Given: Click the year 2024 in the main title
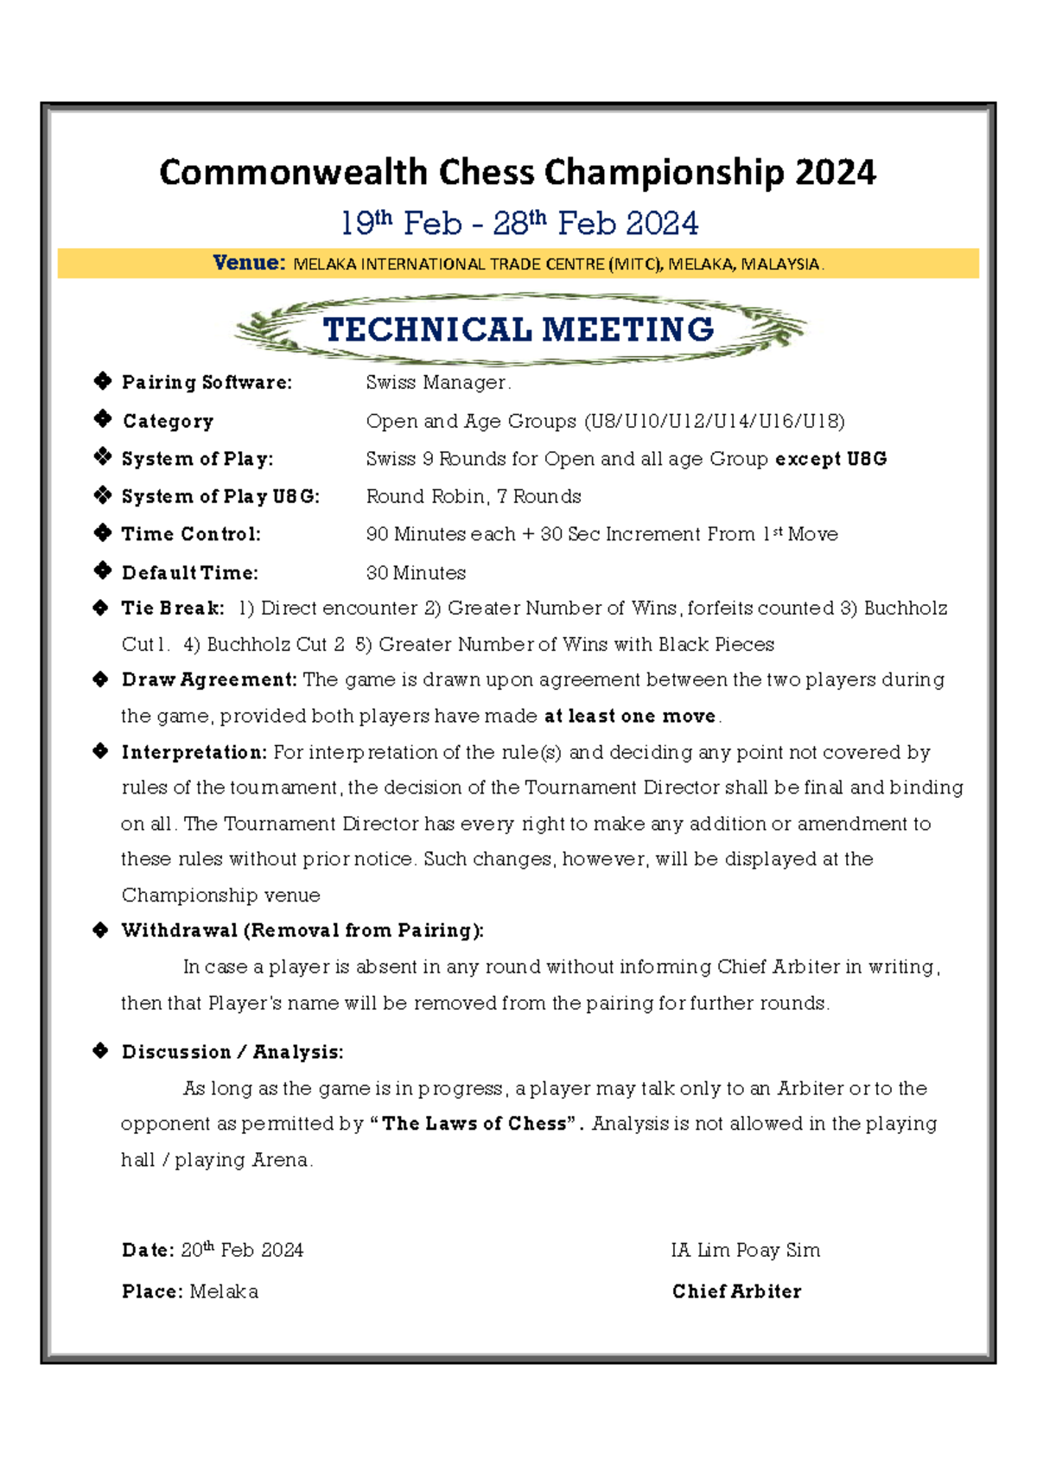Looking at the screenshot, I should point(835,172).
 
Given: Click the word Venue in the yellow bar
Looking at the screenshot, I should point(248,263).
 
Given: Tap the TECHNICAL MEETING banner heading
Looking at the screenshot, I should point(518,329).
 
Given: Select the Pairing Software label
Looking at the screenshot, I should point(207,382).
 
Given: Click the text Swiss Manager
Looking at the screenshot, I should point(437,382).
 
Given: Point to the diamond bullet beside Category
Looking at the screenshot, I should point(103,419).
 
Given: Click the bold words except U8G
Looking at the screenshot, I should point(830,459).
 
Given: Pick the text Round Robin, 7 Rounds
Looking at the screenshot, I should point(474,496).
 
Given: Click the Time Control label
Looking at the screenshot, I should point(191,534).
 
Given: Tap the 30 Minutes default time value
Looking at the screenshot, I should point(416,573).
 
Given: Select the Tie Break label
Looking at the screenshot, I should point(173,609).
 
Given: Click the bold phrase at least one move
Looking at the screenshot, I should point(629,717).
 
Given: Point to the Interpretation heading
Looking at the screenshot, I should point(194,753).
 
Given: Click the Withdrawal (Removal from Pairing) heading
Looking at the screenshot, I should point(302,931).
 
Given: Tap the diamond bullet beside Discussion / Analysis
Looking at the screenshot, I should point(101,1051).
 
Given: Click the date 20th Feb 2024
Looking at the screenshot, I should point(242,1250).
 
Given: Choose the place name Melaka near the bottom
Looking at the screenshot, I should point(224,1291).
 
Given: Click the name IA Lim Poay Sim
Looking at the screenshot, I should point(745,1250).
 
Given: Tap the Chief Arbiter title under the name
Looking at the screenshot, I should point(736,1291).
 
